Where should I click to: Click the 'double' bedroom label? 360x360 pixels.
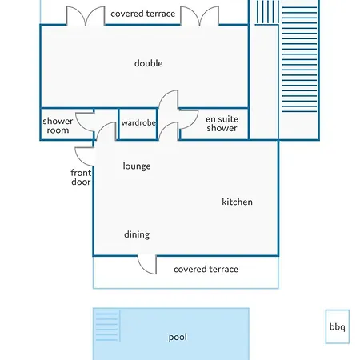pos(149,63)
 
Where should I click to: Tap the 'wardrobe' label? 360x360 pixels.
pos(138,122)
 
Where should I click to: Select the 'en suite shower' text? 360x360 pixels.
pos(222,123)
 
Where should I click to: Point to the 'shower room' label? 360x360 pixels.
pos(58,126)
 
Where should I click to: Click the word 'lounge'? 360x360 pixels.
pos(137,166)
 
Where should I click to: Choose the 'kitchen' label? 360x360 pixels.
pos(237,202)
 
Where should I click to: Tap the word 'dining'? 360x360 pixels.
pos(137,234)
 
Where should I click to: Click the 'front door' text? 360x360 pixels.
pos(81,177)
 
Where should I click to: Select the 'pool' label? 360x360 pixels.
pos(178,338)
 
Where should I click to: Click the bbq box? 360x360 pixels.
pos(338,326)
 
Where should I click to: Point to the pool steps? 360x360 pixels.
pos(107,327)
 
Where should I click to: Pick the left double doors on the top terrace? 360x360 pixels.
pos(86,15)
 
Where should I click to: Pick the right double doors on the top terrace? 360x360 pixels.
pos(200,15)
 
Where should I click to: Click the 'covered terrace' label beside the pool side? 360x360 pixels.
pos(206,269)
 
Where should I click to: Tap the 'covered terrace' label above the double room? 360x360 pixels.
pos(143,14)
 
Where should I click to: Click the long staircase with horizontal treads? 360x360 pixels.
pos(299,58)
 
